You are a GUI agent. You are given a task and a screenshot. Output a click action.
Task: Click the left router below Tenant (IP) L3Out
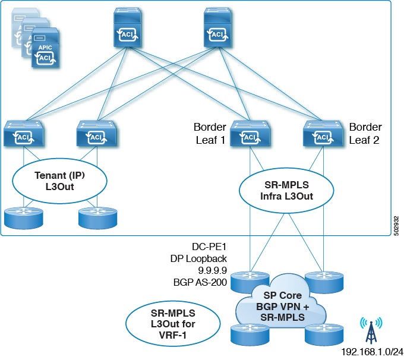click(x=21, y=218)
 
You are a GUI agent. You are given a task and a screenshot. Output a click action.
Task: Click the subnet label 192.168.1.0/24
click(x=371, y=352)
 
